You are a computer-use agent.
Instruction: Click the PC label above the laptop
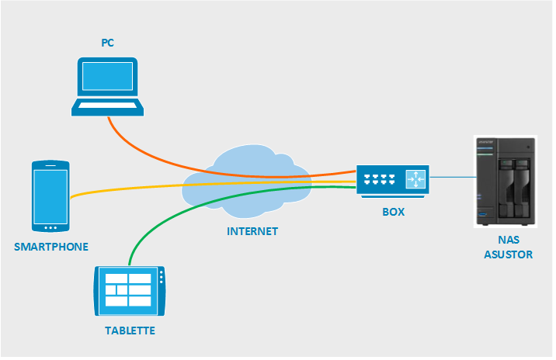(107, 42)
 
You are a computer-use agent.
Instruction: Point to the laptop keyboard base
(107, 107)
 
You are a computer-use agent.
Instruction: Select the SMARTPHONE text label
(51, 247)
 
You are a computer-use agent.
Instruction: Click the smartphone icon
(50, 196)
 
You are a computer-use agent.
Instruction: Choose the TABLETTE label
(130, 331)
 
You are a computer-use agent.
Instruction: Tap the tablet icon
(129, 291)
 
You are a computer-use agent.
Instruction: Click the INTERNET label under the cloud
(252, 231)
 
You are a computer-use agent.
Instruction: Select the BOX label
(393, 211)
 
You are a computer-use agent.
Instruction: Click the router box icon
(393, 181)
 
